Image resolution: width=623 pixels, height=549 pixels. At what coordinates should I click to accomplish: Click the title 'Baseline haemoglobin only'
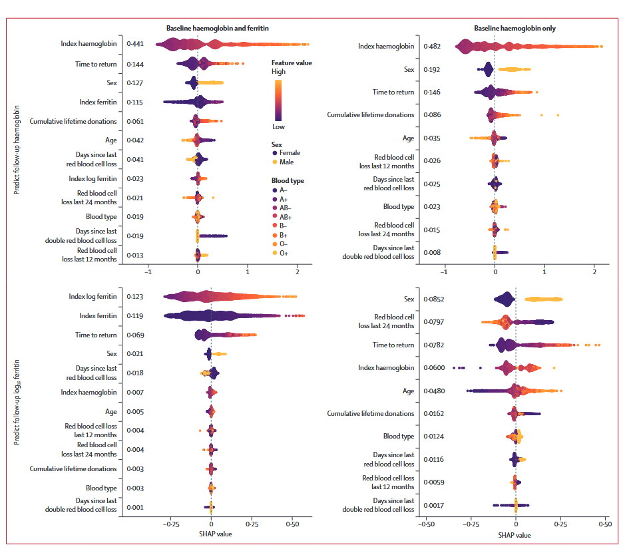click(515, 29)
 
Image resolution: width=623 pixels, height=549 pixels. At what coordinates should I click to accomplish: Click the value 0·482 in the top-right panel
click(433, 47)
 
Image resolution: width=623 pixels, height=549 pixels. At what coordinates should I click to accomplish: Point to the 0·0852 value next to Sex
click(435, 299)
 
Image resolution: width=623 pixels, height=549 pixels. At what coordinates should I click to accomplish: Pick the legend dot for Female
click(274, 153)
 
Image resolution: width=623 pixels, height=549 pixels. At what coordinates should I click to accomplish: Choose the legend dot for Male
click(274, 162)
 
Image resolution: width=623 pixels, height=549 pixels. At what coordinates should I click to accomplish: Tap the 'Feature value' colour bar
click(278, 99)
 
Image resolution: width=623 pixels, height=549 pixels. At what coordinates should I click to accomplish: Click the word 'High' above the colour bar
click(278, 72)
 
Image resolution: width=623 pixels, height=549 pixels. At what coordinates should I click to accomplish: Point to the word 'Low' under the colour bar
click(278, 126)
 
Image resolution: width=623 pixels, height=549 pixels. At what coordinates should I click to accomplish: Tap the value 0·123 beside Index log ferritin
click(135, 297)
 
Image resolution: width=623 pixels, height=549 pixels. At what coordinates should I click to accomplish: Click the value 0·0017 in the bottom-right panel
click(435, 506)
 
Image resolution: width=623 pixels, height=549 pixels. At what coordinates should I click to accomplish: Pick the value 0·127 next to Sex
click(135, 83)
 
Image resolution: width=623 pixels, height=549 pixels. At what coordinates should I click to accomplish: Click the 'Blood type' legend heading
click(288, 180)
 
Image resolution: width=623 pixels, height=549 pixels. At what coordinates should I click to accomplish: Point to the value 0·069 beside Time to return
click(135, 335)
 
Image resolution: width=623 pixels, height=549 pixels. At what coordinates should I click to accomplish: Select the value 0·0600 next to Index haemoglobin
click(435, 368)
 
